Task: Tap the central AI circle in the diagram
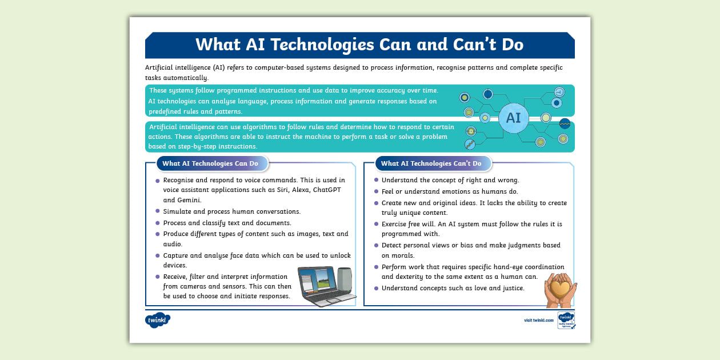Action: [513, 118]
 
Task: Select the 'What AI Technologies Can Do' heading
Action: [210, 163]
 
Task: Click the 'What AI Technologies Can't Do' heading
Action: [431, 163]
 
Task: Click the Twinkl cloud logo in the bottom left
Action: [158, 321]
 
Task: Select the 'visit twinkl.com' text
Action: [538, 321]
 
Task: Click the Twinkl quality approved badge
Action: [566, 321]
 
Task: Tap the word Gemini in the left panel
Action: [191, 201]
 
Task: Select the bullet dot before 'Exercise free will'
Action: [376, 225]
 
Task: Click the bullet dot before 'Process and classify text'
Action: [158, 223]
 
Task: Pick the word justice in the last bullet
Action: [513, 288]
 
